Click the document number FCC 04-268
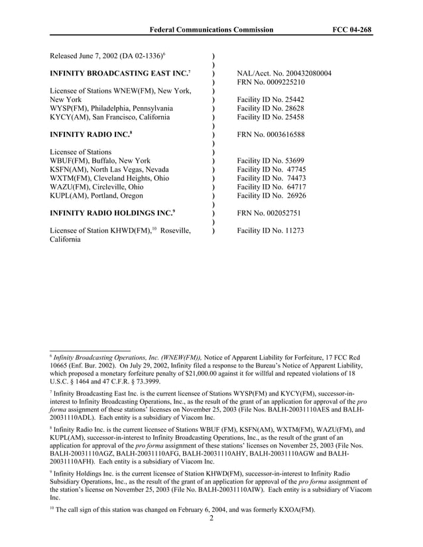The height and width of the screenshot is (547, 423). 351,30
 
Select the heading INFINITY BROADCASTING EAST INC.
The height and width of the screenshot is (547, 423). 119,73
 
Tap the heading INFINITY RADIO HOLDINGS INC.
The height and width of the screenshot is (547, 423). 112,213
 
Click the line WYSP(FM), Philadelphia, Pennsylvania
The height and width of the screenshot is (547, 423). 111,108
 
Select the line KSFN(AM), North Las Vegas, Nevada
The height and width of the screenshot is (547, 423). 109,170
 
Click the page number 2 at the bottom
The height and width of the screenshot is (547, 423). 211,519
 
